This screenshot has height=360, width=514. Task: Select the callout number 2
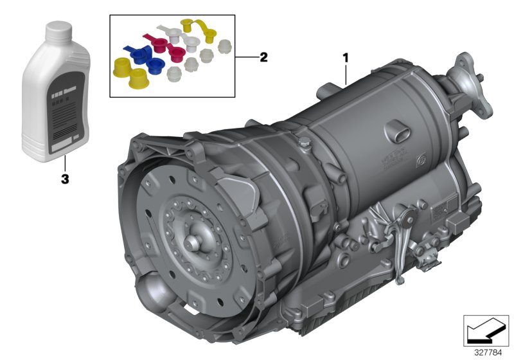click(263, 57)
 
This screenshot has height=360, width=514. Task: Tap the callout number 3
click(64, 180)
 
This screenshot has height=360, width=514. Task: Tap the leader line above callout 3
click(64, 165)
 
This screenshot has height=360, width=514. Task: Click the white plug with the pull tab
click(171, 31)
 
